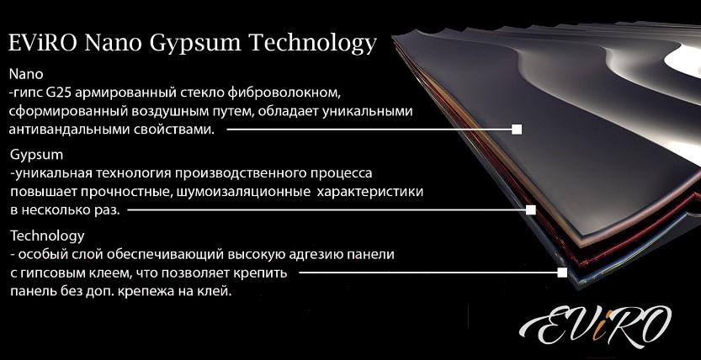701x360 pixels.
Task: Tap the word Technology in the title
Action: (x=312, y=45)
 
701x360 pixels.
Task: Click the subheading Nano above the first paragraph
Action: (x=26, y=73)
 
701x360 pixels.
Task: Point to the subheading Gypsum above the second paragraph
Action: (x=37, y=156)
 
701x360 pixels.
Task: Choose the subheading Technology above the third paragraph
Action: (x=47, y=236)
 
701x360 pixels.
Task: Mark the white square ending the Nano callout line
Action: (x=517, y=130)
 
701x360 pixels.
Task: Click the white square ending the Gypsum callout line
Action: (x=531, y=210)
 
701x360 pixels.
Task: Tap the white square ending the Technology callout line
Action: (x=562, y=273)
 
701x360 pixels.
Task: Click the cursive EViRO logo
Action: (x=595, y=326)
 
